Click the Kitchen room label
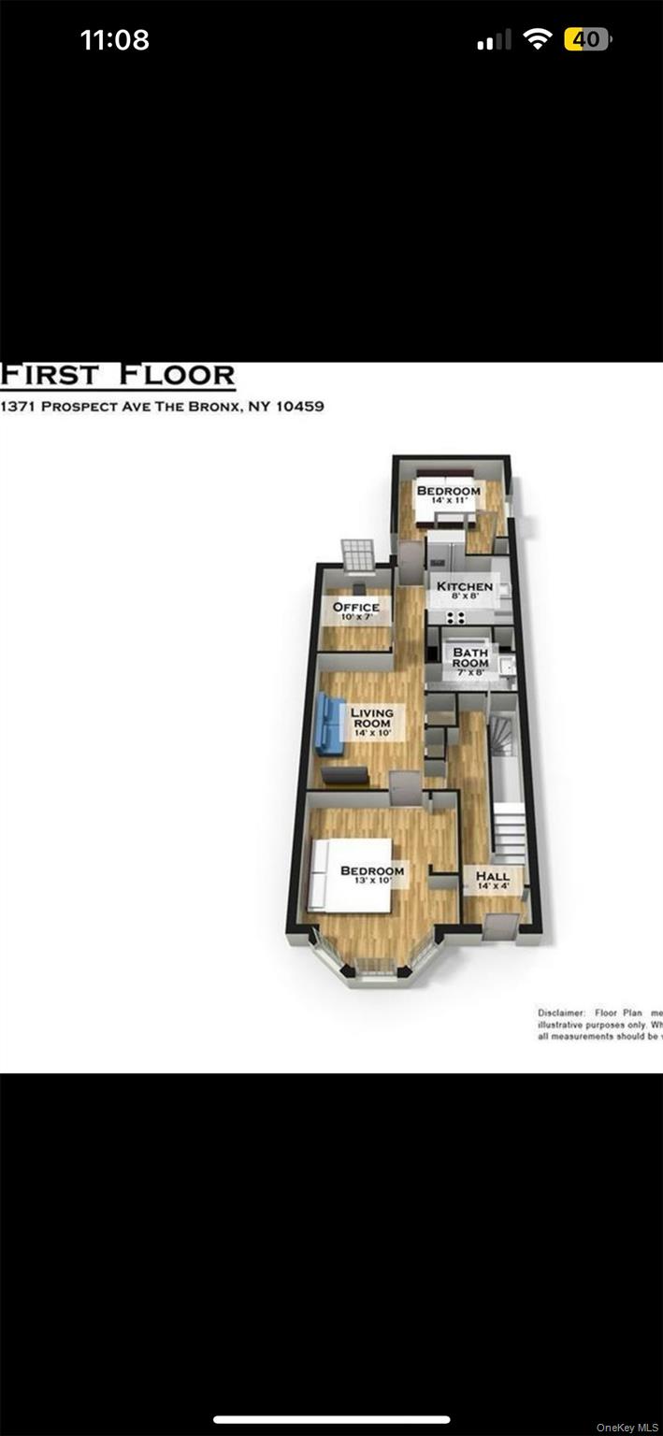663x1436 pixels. [465, 586]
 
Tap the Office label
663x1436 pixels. [356, 607]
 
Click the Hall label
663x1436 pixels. [493, 876]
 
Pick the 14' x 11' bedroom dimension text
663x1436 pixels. [449, 501]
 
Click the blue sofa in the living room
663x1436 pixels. [328, 724]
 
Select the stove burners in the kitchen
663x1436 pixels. [456, 616]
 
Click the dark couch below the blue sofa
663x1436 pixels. [344, 776]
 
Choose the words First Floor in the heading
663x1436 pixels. [118, 376]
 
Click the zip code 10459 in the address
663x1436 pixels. [299, 407]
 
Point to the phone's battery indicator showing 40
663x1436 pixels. [586, 39]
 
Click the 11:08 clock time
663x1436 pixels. [114, 40]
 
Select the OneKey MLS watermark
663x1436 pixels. [627, 1427]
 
